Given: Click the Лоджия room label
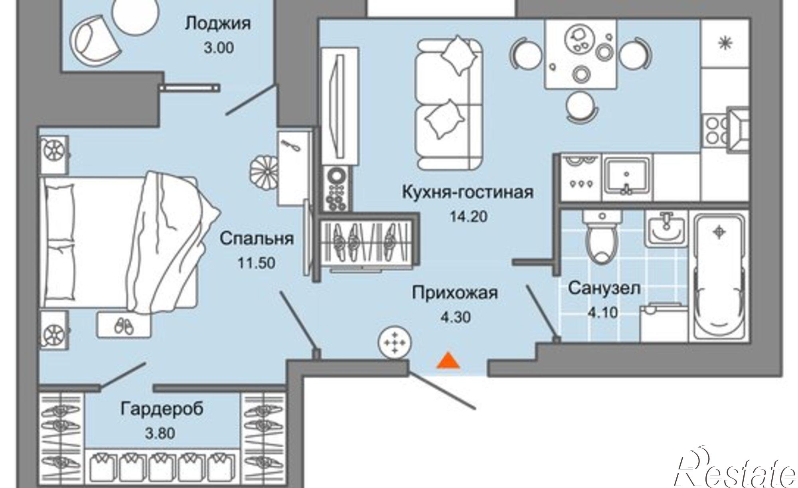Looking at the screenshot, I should point(218,24).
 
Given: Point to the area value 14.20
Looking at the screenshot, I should point(468,217).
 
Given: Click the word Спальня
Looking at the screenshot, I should point(257,239).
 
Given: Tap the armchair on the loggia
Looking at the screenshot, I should point(95,39).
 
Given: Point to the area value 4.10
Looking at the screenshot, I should point(603,313).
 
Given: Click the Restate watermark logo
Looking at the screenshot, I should point(734,471).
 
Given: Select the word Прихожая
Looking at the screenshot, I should point(454,293).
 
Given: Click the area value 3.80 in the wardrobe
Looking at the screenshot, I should point(160,433).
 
